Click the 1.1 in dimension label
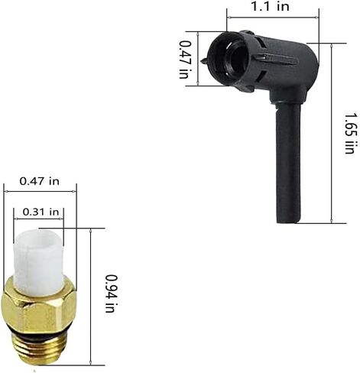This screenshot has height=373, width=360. click(271, 6)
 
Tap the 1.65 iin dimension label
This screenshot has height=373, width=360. click(350, 133)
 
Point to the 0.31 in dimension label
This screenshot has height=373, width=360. click(41, 212)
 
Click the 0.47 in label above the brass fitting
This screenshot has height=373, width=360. click(40, 181)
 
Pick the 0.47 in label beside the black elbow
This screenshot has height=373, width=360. click(184, 60)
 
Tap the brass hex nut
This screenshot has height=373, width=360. click(39, 310)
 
